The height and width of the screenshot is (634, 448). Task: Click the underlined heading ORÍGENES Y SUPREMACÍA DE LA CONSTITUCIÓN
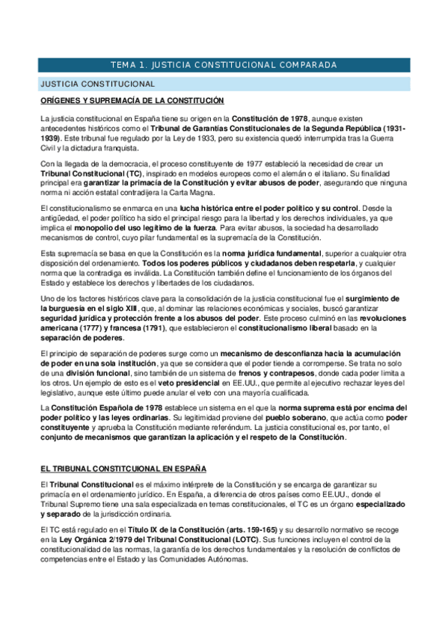pyautogui.click(x=132, y=101)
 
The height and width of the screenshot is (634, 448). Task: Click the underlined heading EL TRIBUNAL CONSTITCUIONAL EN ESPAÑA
pyautogui.click(x=123, y=469)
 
